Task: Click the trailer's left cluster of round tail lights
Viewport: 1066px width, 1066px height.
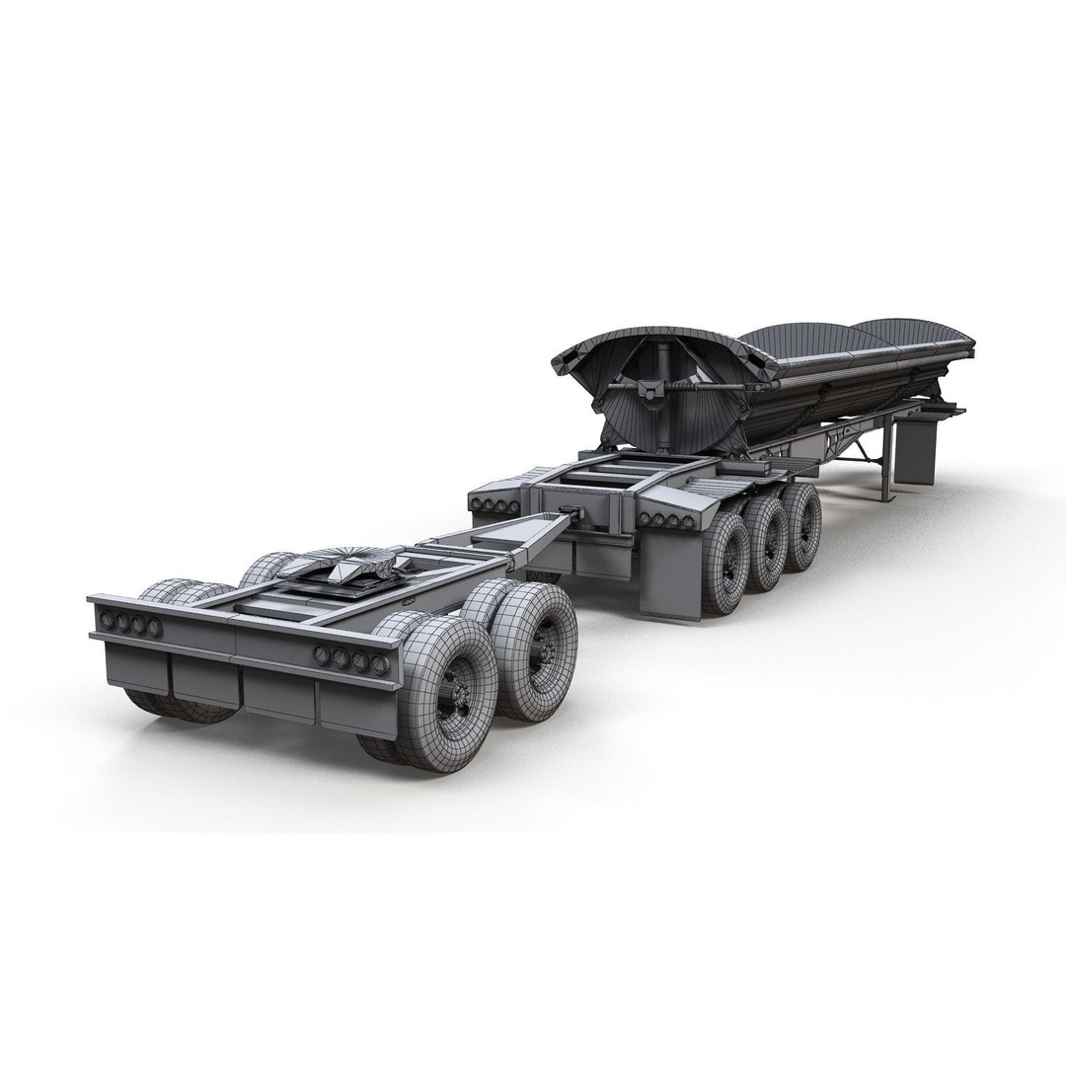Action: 489,506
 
